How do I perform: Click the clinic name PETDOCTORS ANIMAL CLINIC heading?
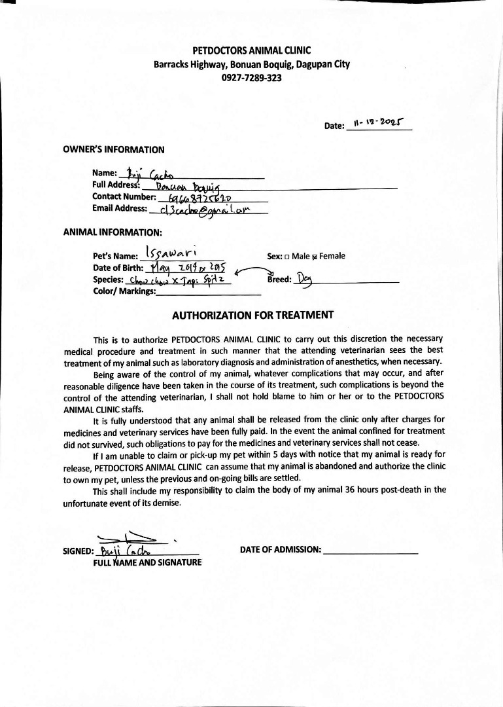point(252,50)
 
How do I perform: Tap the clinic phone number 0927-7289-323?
point(252,77)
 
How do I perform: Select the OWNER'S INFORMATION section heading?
point(114,149)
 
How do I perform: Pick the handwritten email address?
point(196,209)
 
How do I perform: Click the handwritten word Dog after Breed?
point(305,280)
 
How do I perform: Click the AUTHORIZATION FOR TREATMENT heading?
point(252,315)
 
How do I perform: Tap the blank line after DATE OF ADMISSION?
point(370,551)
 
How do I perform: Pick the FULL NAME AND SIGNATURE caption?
point(148,562)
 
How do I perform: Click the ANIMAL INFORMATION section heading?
point(113,232)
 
